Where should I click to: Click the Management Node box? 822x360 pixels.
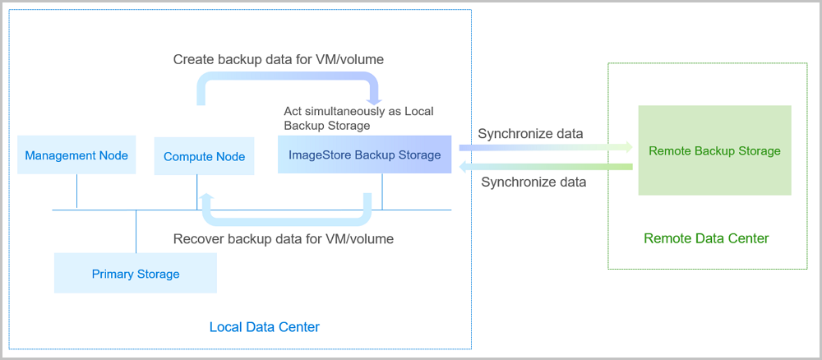[76, 155]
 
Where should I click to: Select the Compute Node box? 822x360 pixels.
[204, 156]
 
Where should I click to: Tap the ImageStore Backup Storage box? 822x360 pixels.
[364, 155]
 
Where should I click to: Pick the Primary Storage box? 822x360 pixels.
[136, 274]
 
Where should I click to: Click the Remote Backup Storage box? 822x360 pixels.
[714, 150]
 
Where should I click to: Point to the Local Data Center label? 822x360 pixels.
[264, 327]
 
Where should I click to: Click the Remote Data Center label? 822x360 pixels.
[706, 238]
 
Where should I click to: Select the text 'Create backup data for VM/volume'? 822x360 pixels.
[279, 60]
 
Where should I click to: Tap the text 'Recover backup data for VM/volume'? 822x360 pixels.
[284, 239]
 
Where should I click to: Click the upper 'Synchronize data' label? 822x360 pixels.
[530, 133]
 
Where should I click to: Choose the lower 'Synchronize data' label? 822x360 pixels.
[533, 182]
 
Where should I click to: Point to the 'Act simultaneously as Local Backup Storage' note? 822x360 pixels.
[358, 118]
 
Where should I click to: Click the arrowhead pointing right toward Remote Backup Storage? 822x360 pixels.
[628, 148]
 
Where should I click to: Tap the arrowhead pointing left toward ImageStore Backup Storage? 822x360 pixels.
[463, 167]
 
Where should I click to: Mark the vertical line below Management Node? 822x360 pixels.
[76, 192]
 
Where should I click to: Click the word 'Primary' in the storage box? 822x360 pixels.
[113, 274]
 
